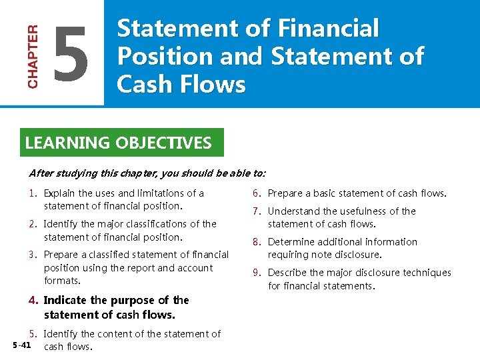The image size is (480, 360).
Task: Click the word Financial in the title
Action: click(x=326, y=29)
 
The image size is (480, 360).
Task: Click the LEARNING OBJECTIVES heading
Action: click(x=118, y=143)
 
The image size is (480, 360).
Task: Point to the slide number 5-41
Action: click(x=21, y=345)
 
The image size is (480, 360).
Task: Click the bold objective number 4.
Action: click(x=33, y=300)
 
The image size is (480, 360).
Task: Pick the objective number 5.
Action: click(x=33, y=334)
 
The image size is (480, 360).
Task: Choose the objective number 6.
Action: click(x=256, y=193)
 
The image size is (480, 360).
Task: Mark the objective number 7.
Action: click(x=256, y=211)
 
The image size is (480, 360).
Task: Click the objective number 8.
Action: click(x=256, y=242)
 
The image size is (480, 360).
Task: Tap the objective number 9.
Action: click(x=256, y=273)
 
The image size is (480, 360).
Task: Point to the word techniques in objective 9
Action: click(x=425, y=273)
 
